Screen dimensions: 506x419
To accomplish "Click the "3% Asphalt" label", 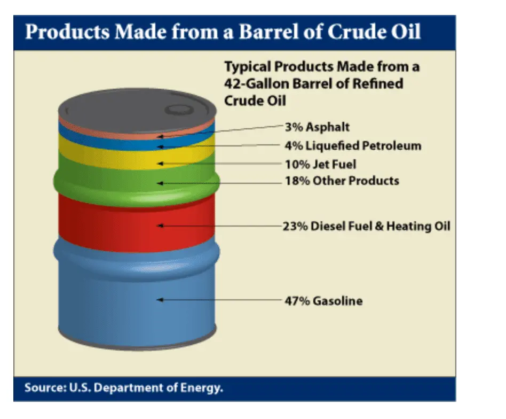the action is coord(317,127).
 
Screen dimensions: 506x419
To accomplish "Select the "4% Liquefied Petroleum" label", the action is coord(353,146).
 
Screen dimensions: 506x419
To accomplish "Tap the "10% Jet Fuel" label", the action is coord(320,165).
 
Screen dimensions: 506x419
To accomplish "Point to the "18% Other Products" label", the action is coord(342,181).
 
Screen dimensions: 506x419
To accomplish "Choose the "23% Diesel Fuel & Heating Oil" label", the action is coord(366,226).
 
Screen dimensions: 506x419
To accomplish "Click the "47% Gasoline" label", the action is coord(323,301).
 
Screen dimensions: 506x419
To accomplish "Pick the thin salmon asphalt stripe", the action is coord(137,134).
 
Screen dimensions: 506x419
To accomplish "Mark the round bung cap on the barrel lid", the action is coord(179,110).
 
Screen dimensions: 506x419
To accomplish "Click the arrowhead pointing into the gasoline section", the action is coord(160,300).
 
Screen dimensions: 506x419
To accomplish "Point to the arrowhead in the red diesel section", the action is coord(160,226).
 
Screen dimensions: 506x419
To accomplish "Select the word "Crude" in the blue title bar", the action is coord(353,32).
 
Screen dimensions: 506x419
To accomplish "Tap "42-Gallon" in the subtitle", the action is coord(256,84).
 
